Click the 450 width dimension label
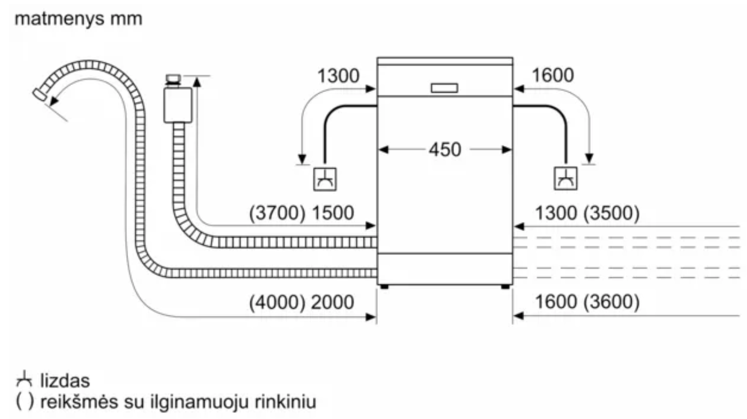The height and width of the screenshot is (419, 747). [444, 150]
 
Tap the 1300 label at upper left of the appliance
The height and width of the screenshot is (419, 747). [338, 76]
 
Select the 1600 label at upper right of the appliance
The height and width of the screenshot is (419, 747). [552, 75]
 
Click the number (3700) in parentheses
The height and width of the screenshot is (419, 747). [277, 213]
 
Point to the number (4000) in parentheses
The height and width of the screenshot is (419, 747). [277, 302]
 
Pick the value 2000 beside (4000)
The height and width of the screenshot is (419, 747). [332, 302]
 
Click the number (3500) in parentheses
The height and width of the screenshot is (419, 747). [611, 213]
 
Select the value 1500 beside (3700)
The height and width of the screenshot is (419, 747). [332, 213]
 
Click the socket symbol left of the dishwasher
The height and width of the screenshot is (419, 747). [325, 179]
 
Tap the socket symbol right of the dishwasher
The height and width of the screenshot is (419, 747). [565, 179]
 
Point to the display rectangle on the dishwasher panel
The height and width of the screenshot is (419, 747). [444, 88]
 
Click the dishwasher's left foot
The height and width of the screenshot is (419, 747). [384, 287]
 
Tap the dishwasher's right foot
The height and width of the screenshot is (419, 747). [505, 287]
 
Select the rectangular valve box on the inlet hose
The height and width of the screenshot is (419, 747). [178, 105]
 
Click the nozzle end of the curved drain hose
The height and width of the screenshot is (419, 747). [40, 94]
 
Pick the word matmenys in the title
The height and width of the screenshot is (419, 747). [59, 19]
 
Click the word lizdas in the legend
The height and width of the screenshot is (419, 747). [65, 381]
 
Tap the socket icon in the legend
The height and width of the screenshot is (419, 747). [24, 379]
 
